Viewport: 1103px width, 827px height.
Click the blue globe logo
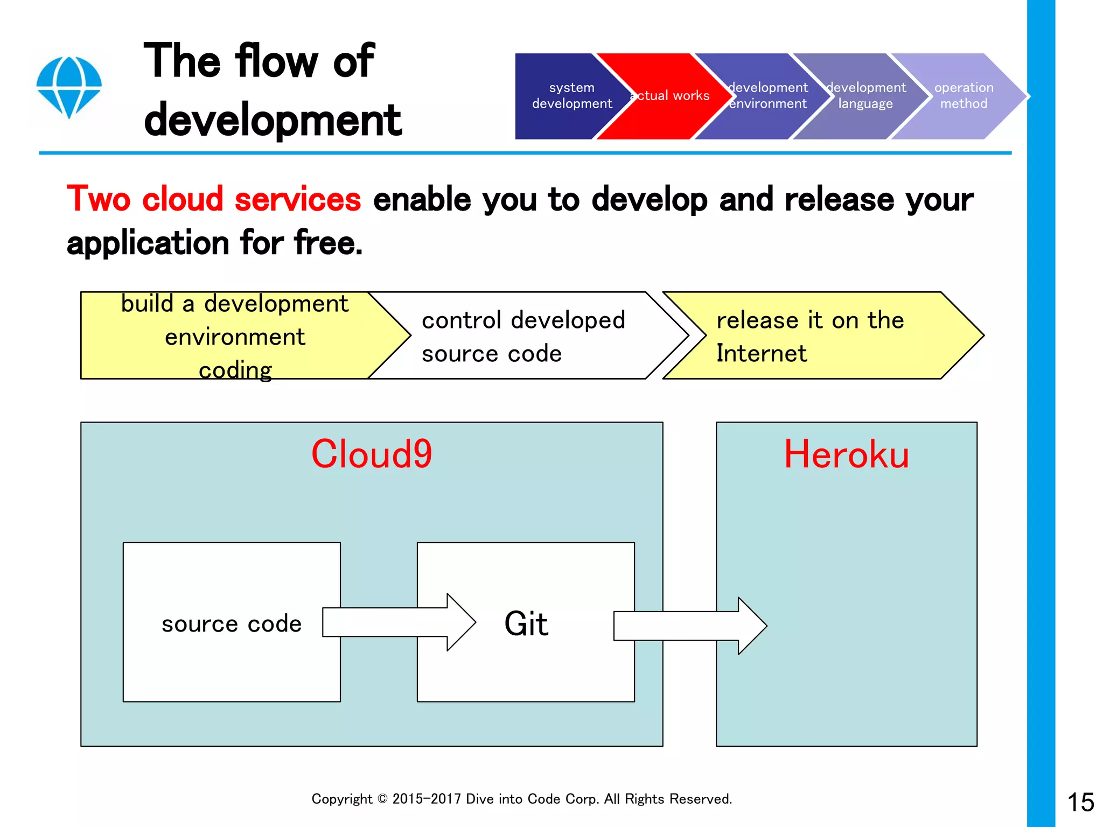point(69,87)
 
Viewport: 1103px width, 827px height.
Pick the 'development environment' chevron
point(767,96)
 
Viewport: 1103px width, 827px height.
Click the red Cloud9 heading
point(372,454)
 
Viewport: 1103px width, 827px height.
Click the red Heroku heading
point(846,454)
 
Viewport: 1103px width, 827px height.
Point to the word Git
point(526,623)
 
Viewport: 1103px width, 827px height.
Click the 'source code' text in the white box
point(232,623)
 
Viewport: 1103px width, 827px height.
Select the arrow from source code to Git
point(399,622)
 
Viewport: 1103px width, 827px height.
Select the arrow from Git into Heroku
point(689,626)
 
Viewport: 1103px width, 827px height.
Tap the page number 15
point(1080,802)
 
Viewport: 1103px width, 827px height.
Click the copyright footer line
point(521,799)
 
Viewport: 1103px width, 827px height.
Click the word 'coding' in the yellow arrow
point(235,370)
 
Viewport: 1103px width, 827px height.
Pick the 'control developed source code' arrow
point(522,336)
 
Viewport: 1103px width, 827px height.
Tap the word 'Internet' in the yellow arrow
point(761,353)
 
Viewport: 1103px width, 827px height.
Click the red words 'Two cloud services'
point(214,199)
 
